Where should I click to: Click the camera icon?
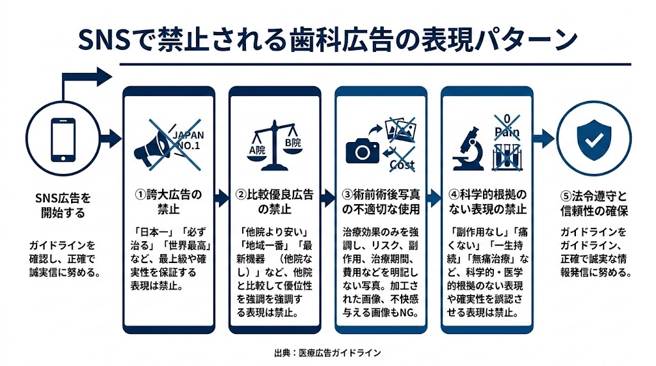[x=363, y=150]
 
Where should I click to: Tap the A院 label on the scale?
[x=256, y=150]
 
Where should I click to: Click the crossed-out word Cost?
[x=402, y=164]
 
